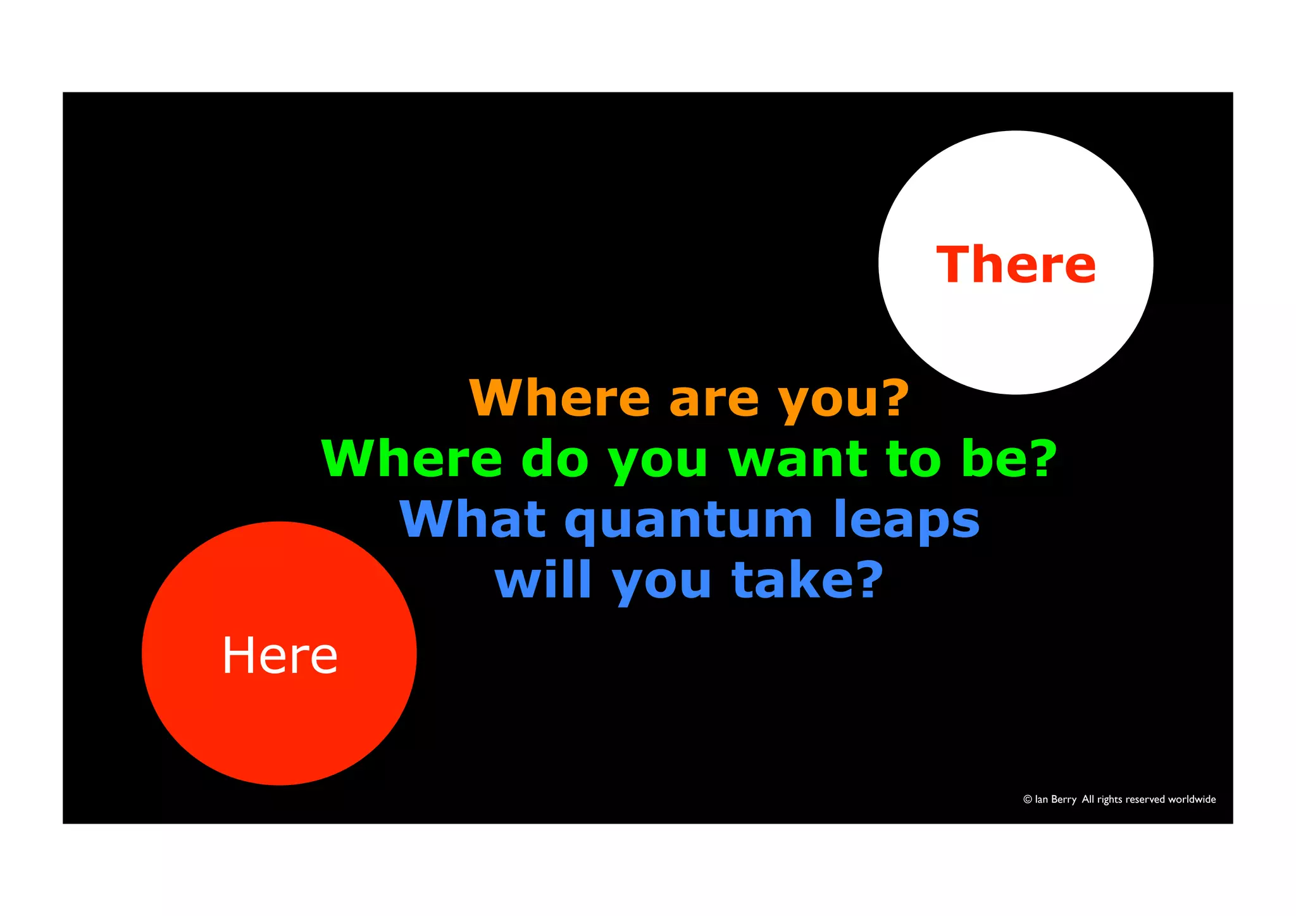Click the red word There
point(1016,265)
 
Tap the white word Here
point(280,655)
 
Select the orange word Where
point(559,398)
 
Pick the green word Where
point(412,458)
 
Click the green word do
point(555,458)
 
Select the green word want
point(798,460)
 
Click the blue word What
point(473,519)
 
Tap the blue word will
point(543,579)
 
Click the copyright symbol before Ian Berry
point(1028,800)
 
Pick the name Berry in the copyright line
point(1064,800)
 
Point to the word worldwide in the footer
point(1192,800)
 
